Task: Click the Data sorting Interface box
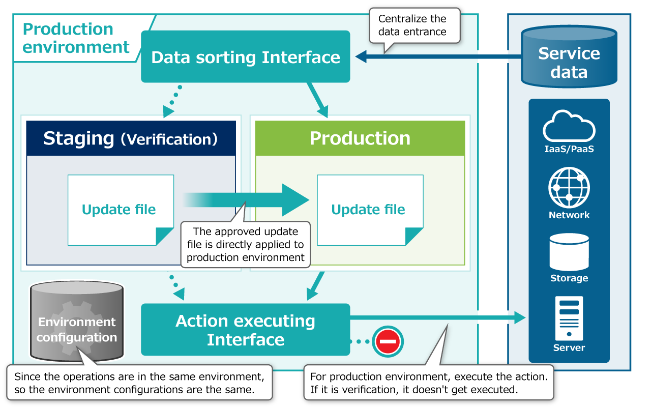(x=245, y=56)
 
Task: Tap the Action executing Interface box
(x=245, y=330)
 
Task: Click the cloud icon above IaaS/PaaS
(x=569, y=126)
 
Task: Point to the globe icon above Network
(x=569, y=187)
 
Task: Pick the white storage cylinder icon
(x=569, y=252)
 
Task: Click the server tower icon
(x=569, y=318)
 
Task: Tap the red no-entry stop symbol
(x=388, y=341)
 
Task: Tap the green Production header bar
(x=360, y=138)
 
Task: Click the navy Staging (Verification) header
(x=131, y=138)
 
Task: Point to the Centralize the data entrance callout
(x=412, y=25)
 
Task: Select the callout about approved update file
(x=246, y=244)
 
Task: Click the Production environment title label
(x=76, y=38)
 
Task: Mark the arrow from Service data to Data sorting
(x=437, y=57)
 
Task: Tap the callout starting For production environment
(x=428, y=383)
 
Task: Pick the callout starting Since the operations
(x=139, y=383)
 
